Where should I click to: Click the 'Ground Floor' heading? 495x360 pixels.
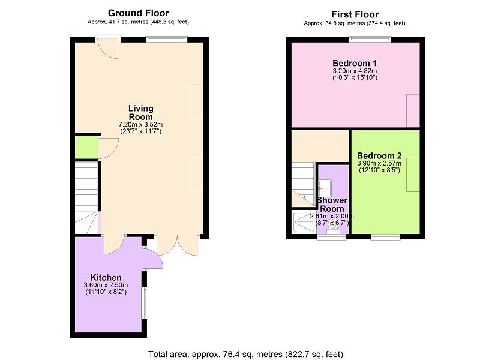(x=138, y=13)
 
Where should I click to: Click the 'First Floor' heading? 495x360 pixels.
(x=355, y=14)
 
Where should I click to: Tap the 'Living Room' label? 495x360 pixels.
(x=140, y=112)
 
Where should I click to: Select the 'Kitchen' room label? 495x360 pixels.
(x=106, y=277)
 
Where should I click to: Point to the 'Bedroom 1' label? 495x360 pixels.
(x=355, y=63)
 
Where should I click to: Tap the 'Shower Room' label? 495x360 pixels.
(x=331, y=204)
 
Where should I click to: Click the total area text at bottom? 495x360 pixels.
(x=246, y=354)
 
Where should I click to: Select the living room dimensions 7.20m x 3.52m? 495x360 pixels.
(x=140, y=124)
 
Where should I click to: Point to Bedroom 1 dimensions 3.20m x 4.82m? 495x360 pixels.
(x=355, y=71)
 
